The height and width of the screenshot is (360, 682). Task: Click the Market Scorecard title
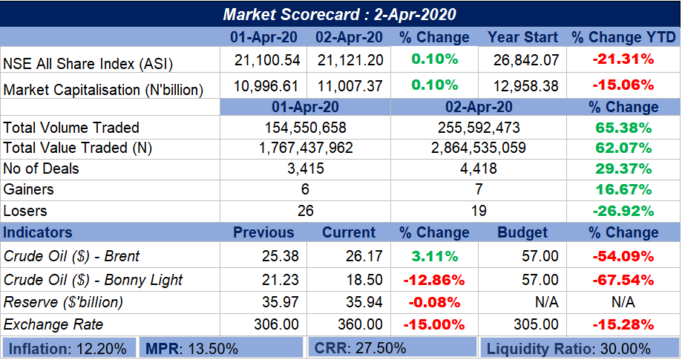tap(340, 14)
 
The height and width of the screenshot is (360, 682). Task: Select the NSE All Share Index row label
tap(88, 63)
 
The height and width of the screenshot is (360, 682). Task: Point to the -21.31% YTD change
tap(623, 59)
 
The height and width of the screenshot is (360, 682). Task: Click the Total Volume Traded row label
tap(71, 128)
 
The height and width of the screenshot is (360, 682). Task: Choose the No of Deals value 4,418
tap(478, 168)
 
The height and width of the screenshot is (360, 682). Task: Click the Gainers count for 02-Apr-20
tap(478, 189)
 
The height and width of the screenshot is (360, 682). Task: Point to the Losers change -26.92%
tap(623, 210)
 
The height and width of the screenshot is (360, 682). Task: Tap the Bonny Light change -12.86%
tap(433, 281)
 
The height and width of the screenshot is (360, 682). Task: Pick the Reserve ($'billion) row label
tap(63, 303)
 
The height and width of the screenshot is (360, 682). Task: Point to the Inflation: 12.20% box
tap(68, 348)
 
